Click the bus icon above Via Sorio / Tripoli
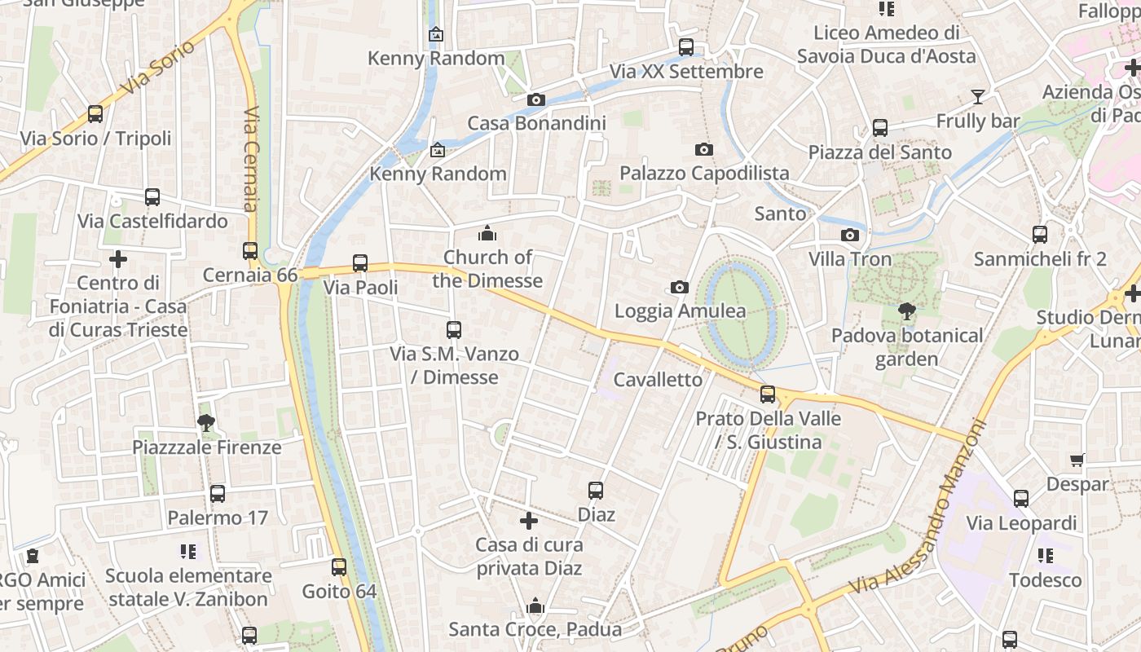(95, 114)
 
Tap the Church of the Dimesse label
(487, 269)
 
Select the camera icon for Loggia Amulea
(680, 287)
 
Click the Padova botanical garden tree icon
(906, 311)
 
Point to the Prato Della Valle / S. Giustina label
(768, 430)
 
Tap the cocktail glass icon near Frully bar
(978, 97)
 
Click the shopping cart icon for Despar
(1077, 460)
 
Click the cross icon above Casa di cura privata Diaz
(529, 521)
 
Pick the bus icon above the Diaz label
(596, 491)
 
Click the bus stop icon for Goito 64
(339, 567)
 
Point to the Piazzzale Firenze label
(207, 447)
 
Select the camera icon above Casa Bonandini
(536, 99)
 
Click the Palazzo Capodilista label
(704, 173)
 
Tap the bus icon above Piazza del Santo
(880, 128)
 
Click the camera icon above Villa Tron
(850, 236)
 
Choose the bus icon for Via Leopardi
(1021, 499)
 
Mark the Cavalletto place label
(658, 380)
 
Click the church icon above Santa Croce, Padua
(535, 606)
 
